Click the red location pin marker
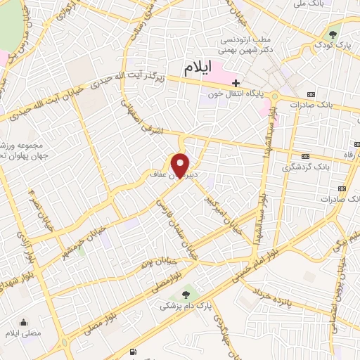[x=181, y=165]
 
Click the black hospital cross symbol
[x=236, y=83]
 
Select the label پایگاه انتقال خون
[x=234, y=94]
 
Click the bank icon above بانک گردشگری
[x=304, y=156]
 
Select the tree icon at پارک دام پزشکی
[x=185, y=295]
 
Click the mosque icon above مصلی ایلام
[x=25, y=323]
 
